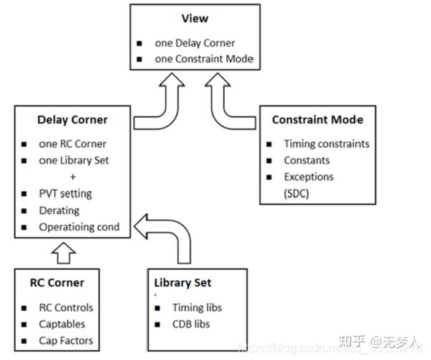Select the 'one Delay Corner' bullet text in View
click(x=194, y=42)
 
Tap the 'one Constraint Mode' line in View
click(x=204, y=59)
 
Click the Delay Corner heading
click(x=72, y=119)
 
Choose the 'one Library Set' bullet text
click(x=75, y=160)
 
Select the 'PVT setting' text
click(x=65, y=193)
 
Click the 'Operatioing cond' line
click(x=79, y=228)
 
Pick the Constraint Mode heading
click(x=318, y=119)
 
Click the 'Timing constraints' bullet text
click(x=326, y=143)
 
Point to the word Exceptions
click(x=309, y=176)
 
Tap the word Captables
click(x=62, y=324)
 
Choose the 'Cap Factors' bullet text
click(x=66, y=341)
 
